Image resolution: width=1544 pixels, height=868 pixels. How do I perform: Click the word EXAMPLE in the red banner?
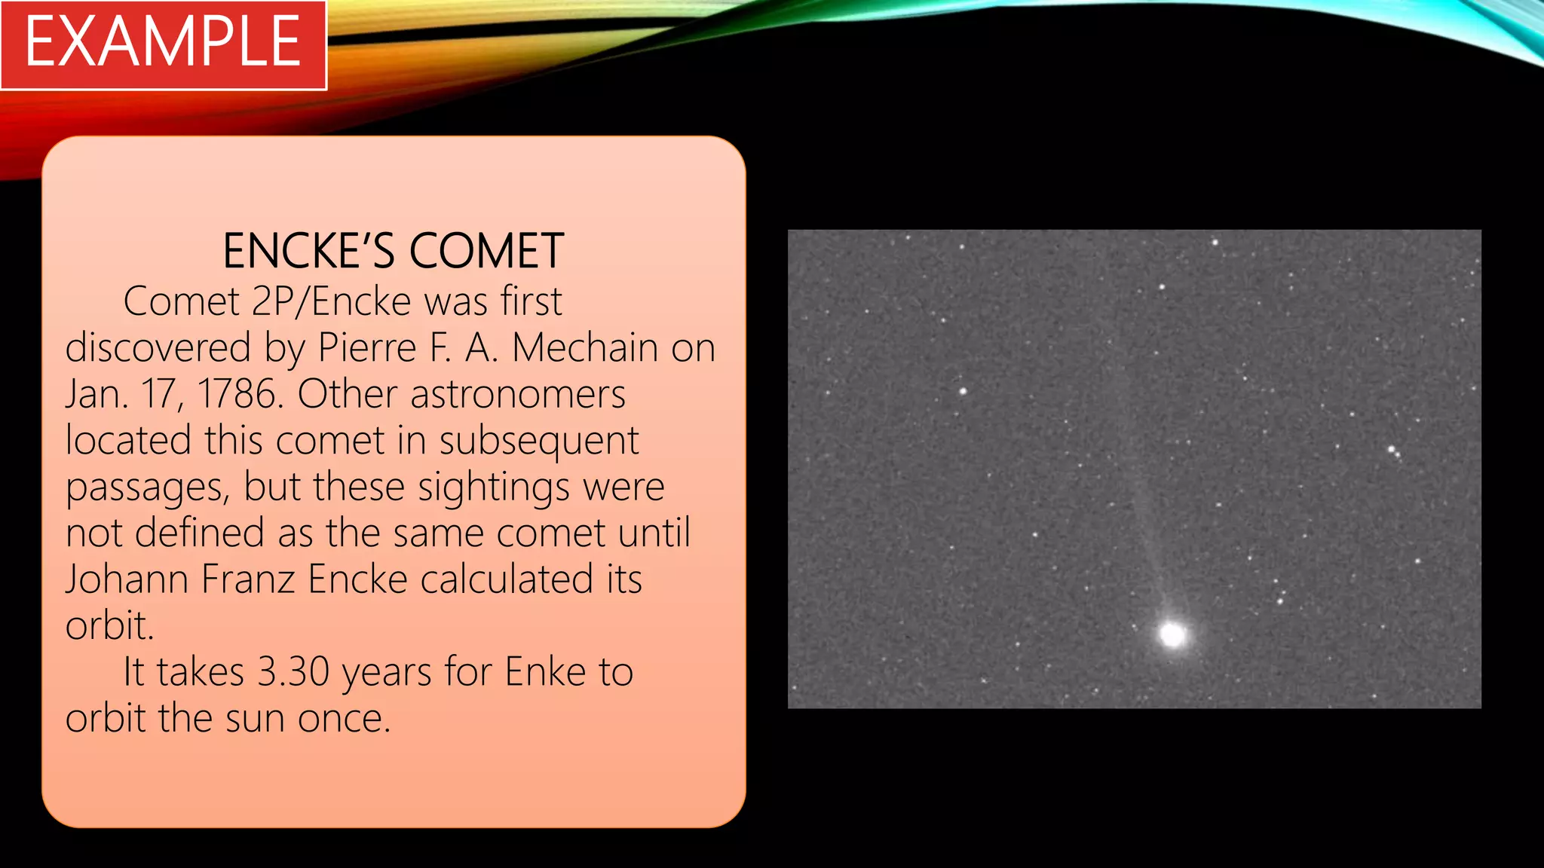tap(163, 43)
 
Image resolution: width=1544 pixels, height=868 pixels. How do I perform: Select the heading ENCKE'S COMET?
tap(394, 251)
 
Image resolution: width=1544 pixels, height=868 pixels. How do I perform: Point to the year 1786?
tap(239, 394)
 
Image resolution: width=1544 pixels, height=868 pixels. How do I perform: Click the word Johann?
tap(127, 579)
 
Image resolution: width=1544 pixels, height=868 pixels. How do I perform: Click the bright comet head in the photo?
tap(1172, 634)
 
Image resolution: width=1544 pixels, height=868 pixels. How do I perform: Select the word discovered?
tap(158, 348)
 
